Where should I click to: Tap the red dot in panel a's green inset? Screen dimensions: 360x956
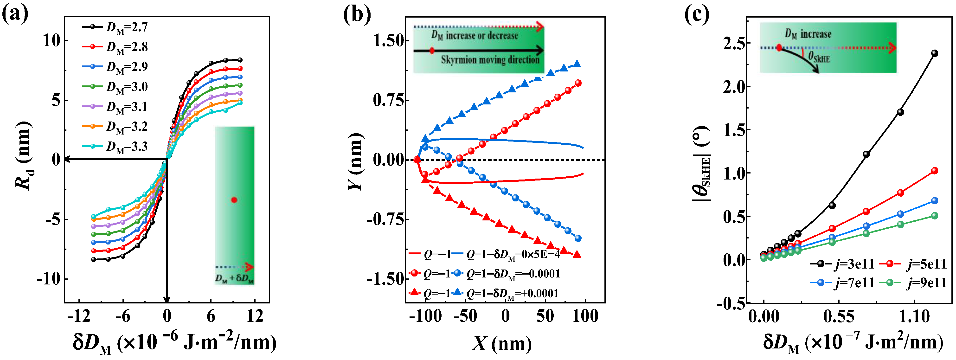[234, 200]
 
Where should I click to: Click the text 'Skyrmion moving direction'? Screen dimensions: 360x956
[490, 60]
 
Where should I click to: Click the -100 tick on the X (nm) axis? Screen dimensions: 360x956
[425, 316]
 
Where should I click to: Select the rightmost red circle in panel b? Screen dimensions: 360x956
[578, 83]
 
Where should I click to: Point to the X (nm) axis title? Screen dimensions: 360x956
[502, 343]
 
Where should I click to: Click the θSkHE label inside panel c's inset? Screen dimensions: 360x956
[819, 58]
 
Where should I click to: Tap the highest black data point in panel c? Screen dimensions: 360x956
[935, 53]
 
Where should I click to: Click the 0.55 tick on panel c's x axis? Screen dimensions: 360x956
[839, 316]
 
